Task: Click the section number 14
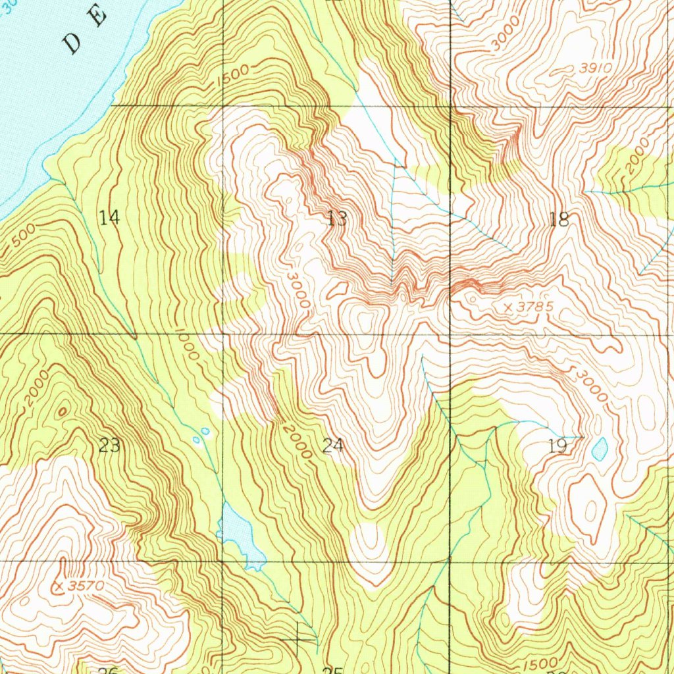pyautogui.click(x=110, y=217)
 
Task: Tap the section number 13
pyautogui.click(x=337, y=219)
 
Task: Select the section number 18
pyautogui.click(x=559, y=219)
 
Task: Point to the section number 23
pyautogui.click(x=109, y=446)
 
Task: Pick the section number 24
pyautogui.click(x=333, y=446)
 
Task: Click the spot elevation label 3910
pyautogui.click(x=596, y=68)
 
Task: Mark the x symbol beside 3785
pyautogui.click(x=507, y=307)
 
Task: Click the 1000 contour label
pyautogui.click(x=187, y=344)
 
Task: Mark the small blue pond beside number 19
pyautogui.click(x=600, y=450)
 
